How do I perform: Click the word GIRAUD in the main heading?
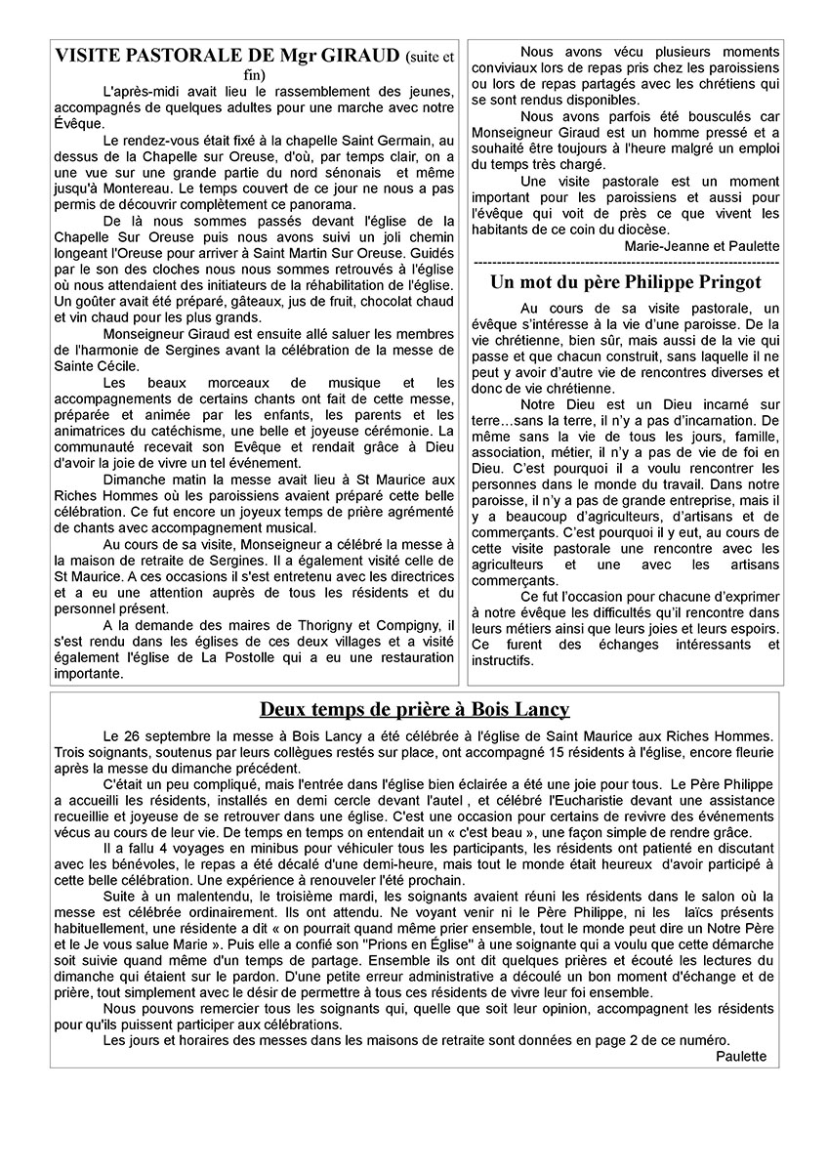[362, 56]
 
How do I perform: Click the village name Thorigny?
[308, 624]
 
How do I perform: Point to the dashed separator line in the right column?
[625, 263]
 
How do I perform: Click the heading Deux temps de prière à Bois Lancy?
[415, 709]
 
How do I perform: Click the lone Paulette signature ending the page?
[741, 1055]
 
